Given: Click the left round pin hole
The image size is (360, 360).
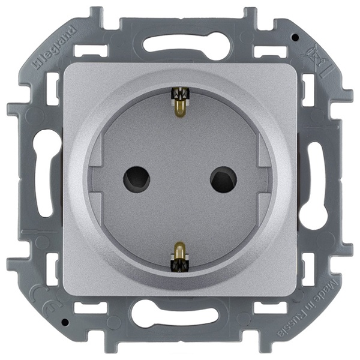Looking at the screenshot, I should [x=136, y=179].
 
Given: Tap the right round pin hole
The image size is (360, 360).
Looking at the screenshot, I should [x=223, y=179].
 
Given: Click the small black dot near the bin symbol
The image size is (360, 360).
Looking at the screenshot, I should [x=294, y=37].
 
